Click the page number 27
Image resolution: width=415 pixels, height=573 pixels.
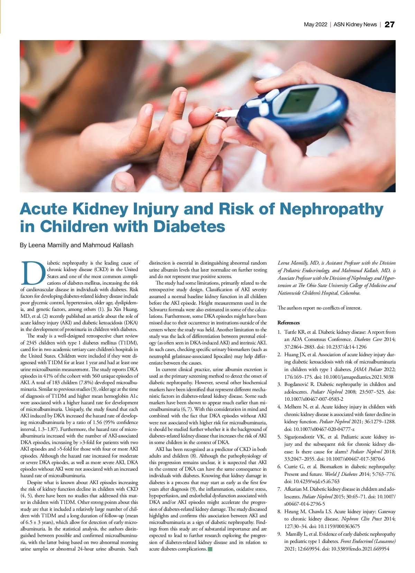[x=389, y=25]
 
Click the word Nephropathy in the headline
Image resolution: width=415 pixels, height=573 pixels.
[x=331, y=209]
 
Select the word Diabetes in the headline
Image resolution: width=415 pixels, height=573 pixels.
[x=189, y=227]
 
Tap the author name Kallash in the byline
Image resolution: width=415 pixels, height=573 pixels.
[x=121, y=245]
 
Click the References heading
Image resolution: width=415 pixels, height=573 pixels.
[x=288, y=323]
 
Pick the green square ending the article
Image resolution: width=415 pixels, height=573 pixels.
[x=210, y=549]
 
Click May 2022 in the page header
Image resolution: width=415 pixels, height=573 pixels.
[x=315, y=25]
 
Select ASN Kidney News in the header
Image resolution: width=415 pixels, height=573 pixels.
[x=355, y=25]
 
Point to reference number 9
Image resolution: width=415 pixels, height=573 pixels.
[x=279, y=534]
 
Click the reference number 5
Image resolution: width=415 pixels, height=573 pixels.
[x=279, y=437]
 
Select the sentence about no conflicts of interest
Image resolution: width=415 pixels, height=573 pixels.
[x=320, y=308]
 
